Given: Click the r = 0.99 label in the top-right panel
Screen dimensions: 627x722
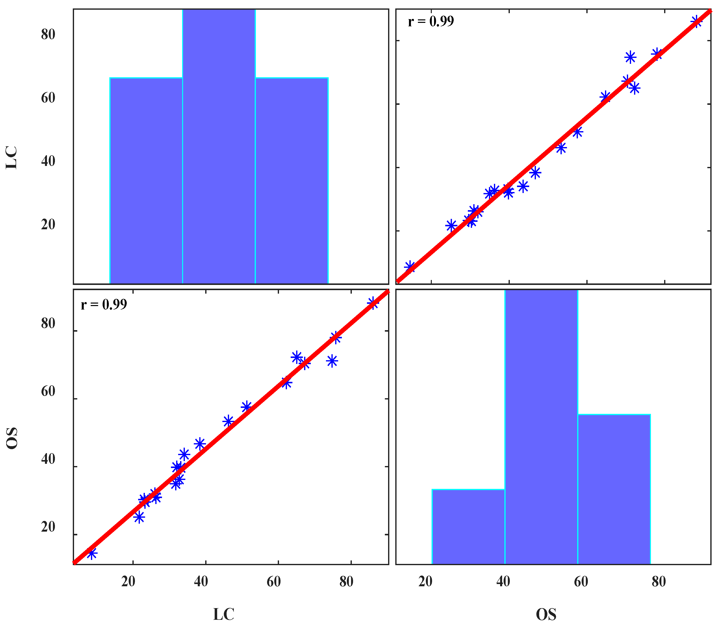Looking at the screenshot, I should click(431, 22).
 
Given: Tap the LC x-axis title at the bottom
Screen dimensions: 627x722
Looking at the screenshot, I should click(224, 614).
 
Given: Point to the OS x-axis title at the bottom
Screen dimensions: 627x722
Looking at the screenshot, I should click(546, 614).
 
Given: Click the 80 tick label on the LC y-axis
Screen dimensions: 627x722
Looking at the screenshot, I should click(48, 34).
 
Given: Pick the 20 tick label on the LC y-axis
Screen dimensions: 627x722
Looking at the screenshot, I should click(48, 224).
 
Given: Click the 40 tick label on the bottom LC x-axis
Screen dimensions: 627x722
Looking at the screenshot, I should click(201, 582).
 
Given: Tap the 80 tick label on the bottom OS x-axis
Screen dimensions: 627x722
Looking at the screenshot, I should click(659, 582).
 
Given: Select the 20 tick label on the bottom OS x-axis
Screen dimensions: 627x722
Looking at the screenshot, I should click(425, 582).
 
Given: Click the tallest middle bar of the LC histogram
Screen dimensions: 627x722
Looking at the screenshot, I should click(219, 147).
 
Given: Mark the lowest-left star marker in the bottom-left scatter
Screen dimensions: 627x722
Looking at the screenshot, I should click(92, 553).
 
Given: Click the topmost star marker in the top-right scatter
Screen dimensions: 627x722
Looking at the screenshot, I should click(696, 22).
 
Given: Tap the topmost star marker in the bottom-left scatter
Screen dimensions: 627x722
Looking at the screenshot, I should click(373, 303).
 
